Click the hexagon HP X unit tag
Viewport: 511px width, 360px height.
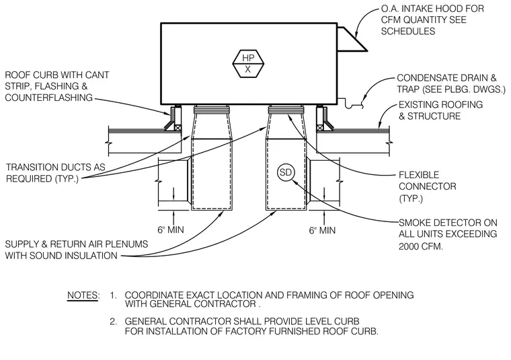pos(248,63)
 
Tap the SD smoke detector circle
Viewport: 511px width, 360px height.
pos(286,172)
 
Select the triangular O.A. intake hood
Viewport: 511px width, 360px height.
pos(352,40)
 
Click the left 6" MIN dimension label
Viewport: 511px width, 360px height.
pos(171,230)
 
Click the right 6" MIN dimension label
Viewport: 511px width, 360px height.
pos(322,230)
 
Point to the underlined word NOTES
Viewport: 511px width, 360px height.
pos(83,295)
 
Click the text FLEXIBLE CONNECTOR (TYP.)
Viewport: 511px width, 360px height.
pos(427,186)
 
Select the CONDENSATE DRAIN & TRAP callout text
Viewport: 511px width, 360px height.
pos(451,83)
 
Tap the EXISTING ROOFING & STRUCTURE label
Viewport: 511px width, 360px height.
pos(440,110)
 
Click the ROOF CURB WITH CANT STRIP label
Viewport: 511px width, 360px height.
pos(57,86)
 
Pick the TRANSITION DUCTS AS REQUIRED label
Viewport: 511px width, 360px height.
pos(56,173)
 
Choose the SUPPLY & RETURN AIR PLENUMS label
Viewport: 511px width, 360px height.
pos(77,250)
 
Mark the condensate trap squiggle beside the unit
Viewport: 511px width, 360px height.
pos(354,104)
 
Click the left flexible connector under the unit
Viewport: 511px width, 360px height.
pos(211,109)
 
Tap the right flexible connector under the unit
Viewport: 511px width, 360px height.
pos(286,109)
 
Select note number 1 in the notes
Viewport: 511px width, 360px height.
pos(113,295)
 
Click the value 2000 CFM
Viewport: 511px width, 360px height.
pos(421,246)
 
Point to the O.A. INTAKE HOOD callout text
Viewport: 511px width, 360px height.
pos(432,20)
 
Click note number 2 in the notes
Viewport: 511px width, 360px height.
pos(113,322)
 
